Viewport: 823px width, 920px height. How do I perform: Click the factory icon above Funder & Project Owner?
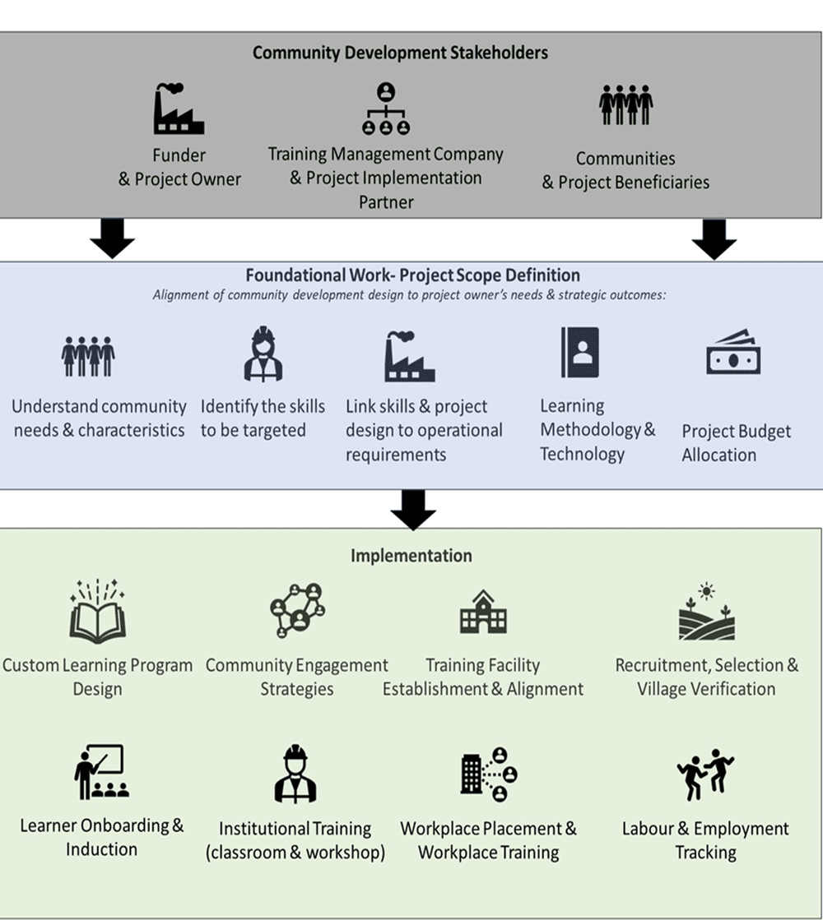179,109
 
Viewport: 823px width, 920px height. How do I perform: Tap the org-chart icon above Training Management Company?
385,109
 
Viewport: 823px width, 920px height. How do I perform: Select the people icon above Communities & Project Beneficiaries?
625,105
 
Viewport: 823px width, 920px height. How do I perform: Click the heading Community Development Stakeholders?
400,53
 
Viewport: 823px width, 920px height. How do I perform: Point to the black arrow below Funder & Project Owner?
112,238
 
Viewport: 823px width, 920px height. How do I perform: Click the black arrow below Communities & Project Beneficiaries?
714,238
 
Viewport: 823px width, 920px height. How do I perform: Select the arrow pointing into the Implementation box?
412,510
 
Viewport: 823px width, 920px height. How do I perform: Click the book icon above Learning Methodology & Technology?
579,352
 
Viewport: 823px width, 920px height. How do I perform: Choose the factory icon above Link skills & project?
409,356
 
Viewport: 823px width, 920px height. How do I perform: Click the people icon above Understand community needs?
88,355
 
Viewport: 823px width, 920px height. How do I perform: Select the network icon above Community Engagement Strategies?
297,610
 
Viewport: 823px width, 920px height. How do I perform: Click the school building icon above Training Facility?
483,612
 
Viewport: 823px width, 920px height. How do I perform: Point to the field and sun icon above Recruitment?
706,612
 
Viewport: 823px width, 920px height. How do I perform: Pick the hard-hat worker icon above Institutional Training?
295,774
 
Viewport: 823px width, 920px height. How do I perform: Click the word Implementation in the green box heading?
411,556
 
